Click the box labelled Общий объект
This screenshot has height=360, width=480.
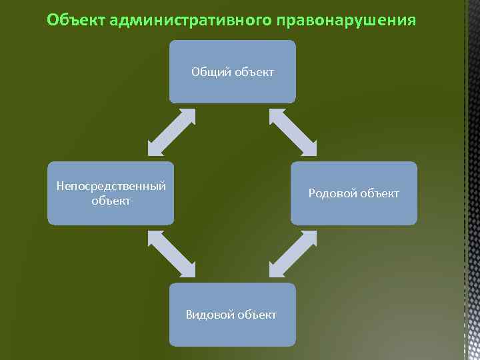pyautogui.click(x=232, y=71)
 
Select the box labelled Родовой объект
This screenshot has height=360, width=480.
pyautogui.click(x=353, y=193)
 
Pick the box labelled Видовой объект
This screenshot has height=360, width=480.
pyautogui.click(x=231, y=315)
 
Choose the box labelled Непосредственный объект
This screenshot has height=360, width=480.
pyautogui.click(x=111, y=193)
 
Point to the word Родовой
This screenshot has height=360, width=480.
pyautogui.click(x=332, y=193)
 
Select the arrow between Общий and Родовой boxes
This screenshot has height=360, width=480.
pyautogui.click(x=293, y=133)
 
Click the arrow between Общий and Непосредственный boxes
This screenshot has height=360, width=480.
pyautogui.click(x=171, y=133)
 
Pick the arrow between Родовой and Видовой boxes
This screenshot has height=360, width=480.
pyautogui.click(x=293, y=254)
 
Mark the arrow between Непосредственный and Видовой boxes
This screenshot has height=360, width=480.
pyautogui.click(x=171, y=254)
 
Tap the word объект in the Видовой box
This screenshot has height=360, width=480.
pyautogui.click(x=256, y=315)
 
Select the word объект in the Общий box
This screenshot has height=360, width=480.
pyautogui.click(x=253, y=71)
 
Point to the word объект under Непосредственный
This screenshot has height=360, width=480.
pyautogui.click(x=111, y=201)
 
